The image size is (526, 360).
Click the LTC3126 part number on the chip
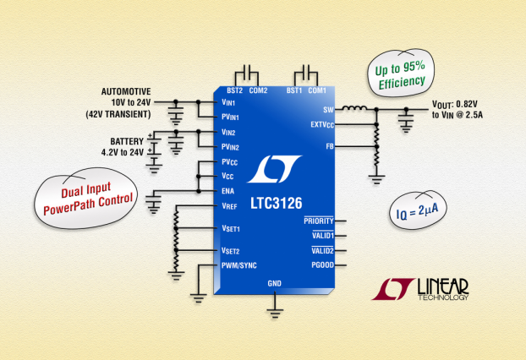276,203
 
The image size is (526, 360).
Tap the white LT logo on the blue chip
274,169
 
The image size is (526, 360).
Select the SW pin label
328,110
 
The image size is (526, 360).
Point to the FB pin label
330,146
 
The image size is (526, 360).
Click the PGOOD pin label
323,265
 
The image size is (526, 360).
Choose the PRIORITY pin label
319,221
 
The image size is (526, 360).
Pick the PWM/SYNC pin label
238,265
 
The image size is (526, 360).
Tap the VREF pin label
229,206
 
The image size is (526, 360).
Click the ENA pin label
227,191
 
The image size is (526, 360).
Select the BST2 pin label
234,90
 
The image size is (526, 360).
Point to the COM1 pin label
317,90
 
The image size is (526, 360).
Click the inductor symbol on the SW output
354,108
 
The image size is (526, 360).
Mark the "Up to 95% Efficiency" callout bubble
401,73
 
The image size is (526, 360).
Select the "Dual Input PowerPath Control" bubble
86,199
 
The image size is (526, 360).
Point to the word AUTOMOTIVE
126,91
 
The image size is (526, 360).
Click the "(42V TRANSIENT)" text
118,114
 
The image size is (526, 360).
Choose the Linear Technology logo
420,289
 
